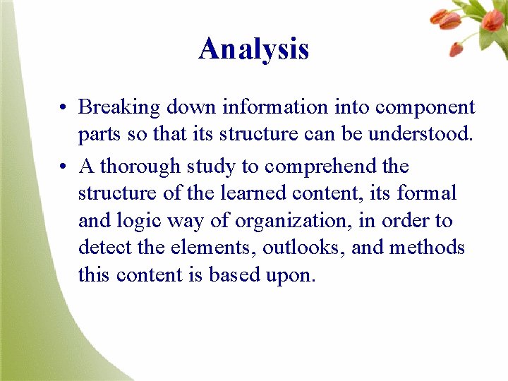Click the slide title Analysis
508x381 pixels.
point(253,49)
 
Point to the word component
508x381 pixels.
point(425,108)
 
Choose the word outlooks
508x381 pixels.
point(294,248)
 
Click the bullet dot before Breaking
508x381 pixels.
point(64,109)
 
